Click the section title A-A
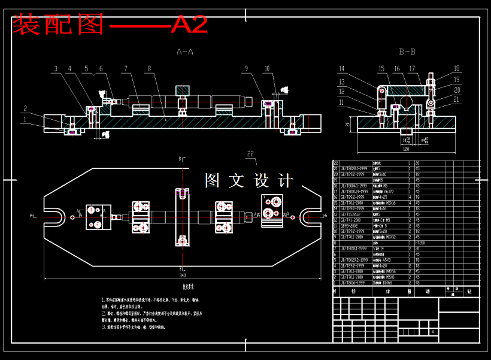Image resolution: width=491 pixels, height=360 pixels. pyautogui.click(x=184, y=52)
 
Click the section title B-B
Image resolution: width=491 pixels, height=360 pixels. pyautogui.click(x=407, y=52)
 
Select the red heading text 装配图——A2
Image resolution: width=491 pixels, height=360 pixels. pyautogui.click(x=110, y=25)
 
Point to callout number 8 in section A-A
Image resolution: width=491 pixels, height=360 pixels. pyautogui.click(x=148, y=69)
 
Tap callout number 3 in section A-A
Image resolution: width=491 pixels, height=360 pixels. pyautogui.click(x=56, y=69)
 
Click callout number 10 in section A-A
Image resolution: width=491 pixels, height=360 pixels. pyautogui.click(x=266, y=69)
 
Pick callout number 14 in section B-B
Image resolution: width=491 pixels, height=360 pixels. pyautogui.click(x=342, y=68)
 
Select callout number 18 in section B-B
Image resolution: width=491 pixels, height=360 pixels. pyautogui.click(x=456, y=68)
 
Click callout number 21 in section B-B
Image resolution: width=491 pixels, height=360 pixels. pyautogui.click(x=457, y=99)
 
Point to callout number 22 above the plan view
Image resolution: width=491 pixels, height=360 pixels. pyautogui.click(x=250, y=153)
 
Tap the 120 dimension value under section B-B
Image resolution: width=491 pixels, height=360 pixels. pyautogui.click(x=405, y=149)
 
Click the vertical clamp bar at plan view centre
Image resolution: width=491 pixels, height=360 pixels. pyautogui.click(x=182, y=217)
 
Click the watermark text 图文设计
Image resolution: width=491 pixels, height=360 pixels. pyautogui.click(x=248, y=180)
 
